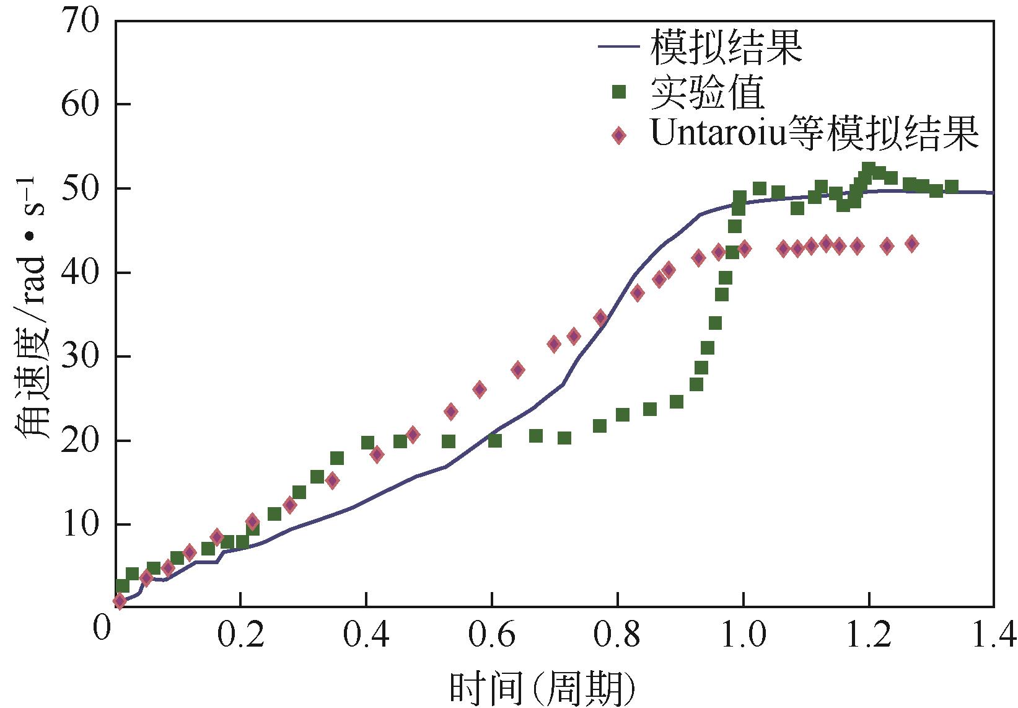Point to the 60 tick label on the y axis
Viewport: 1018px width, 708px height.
tap(80, 104)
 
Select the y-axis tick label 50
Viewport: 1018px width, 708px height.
tap(80, 188)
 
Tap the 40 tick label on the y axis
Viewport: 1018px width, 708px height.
tap(80, 272)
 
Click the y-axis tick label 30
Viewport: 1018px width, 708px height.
tap(80, 356)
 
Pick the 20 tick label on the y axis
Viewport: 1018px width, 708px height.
tap(80, 441)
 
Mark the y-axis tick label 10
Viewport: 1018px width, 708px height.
tap(80, 524)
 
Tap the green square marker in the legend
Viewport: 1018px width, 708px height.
tap(618, 92)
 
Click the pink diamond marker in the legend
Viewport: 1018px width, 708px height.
tap(618, 136)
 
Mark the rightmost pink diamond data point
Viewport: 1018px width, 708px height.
tap(911, 244)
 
